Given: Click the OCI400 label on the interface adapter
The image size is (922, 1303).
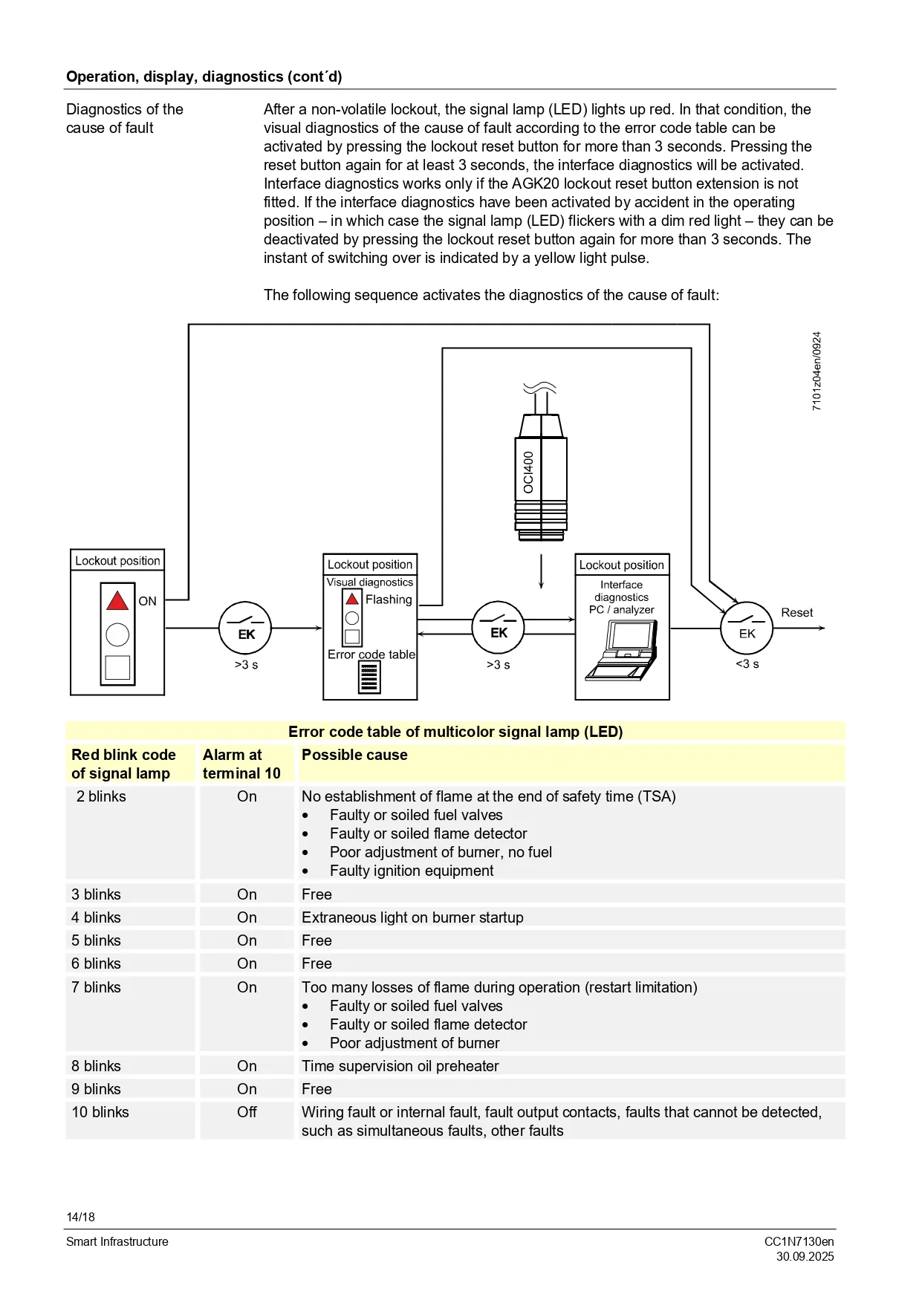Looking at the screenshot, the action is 528,472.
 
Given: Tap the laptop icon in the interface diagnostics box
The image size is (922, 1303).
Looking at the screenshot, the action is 621,650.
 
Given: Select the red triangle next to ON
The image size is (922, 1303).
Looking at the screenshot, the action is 117,600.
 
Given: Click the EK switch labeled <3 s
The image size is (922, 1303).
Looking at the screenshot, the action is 747,628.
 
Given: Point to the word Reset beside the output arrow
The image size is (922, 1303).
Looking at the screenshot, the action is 796,613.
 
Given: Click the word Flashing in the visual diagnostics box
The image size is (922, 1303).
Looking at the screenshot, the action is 389,599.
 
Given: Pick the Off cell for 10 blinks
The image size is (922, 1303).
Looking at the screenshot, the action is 247,1112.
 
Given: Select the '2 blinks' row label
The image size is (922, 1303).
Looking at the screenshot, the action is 101,796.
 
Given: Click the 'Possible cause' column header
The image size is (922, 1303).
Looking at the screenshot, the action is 354,755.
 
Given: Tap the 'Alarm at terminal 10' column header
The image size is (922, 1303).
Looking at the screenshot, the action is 241,764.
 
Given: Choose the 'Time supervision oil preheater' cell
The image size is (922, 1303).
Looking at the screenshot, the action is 400,1066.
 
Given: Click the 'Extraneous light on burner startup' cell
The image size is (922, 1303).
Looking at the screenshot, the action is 412,917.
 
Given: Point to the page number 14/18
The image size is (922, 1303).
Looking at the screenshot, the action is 80,1217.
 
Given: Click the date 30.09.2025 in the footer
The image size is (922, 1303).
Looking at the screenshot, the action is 805,1257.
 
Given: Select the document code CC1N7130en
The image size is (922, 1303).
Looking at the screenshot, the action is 799,1241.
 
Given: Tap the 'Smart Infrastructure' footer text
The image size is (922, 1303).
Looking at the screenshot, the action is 117,1241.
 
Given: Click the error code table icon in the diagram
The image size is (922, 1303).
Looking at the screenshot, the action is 369,677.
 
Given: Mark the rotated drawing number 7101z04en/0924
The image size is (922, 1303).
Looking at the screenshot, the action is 817,371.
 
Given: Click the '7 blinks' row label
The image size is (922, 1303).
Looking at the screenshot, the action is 96,987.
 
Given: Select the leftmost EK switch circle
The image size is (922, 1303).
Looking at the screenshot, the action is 245,628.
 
